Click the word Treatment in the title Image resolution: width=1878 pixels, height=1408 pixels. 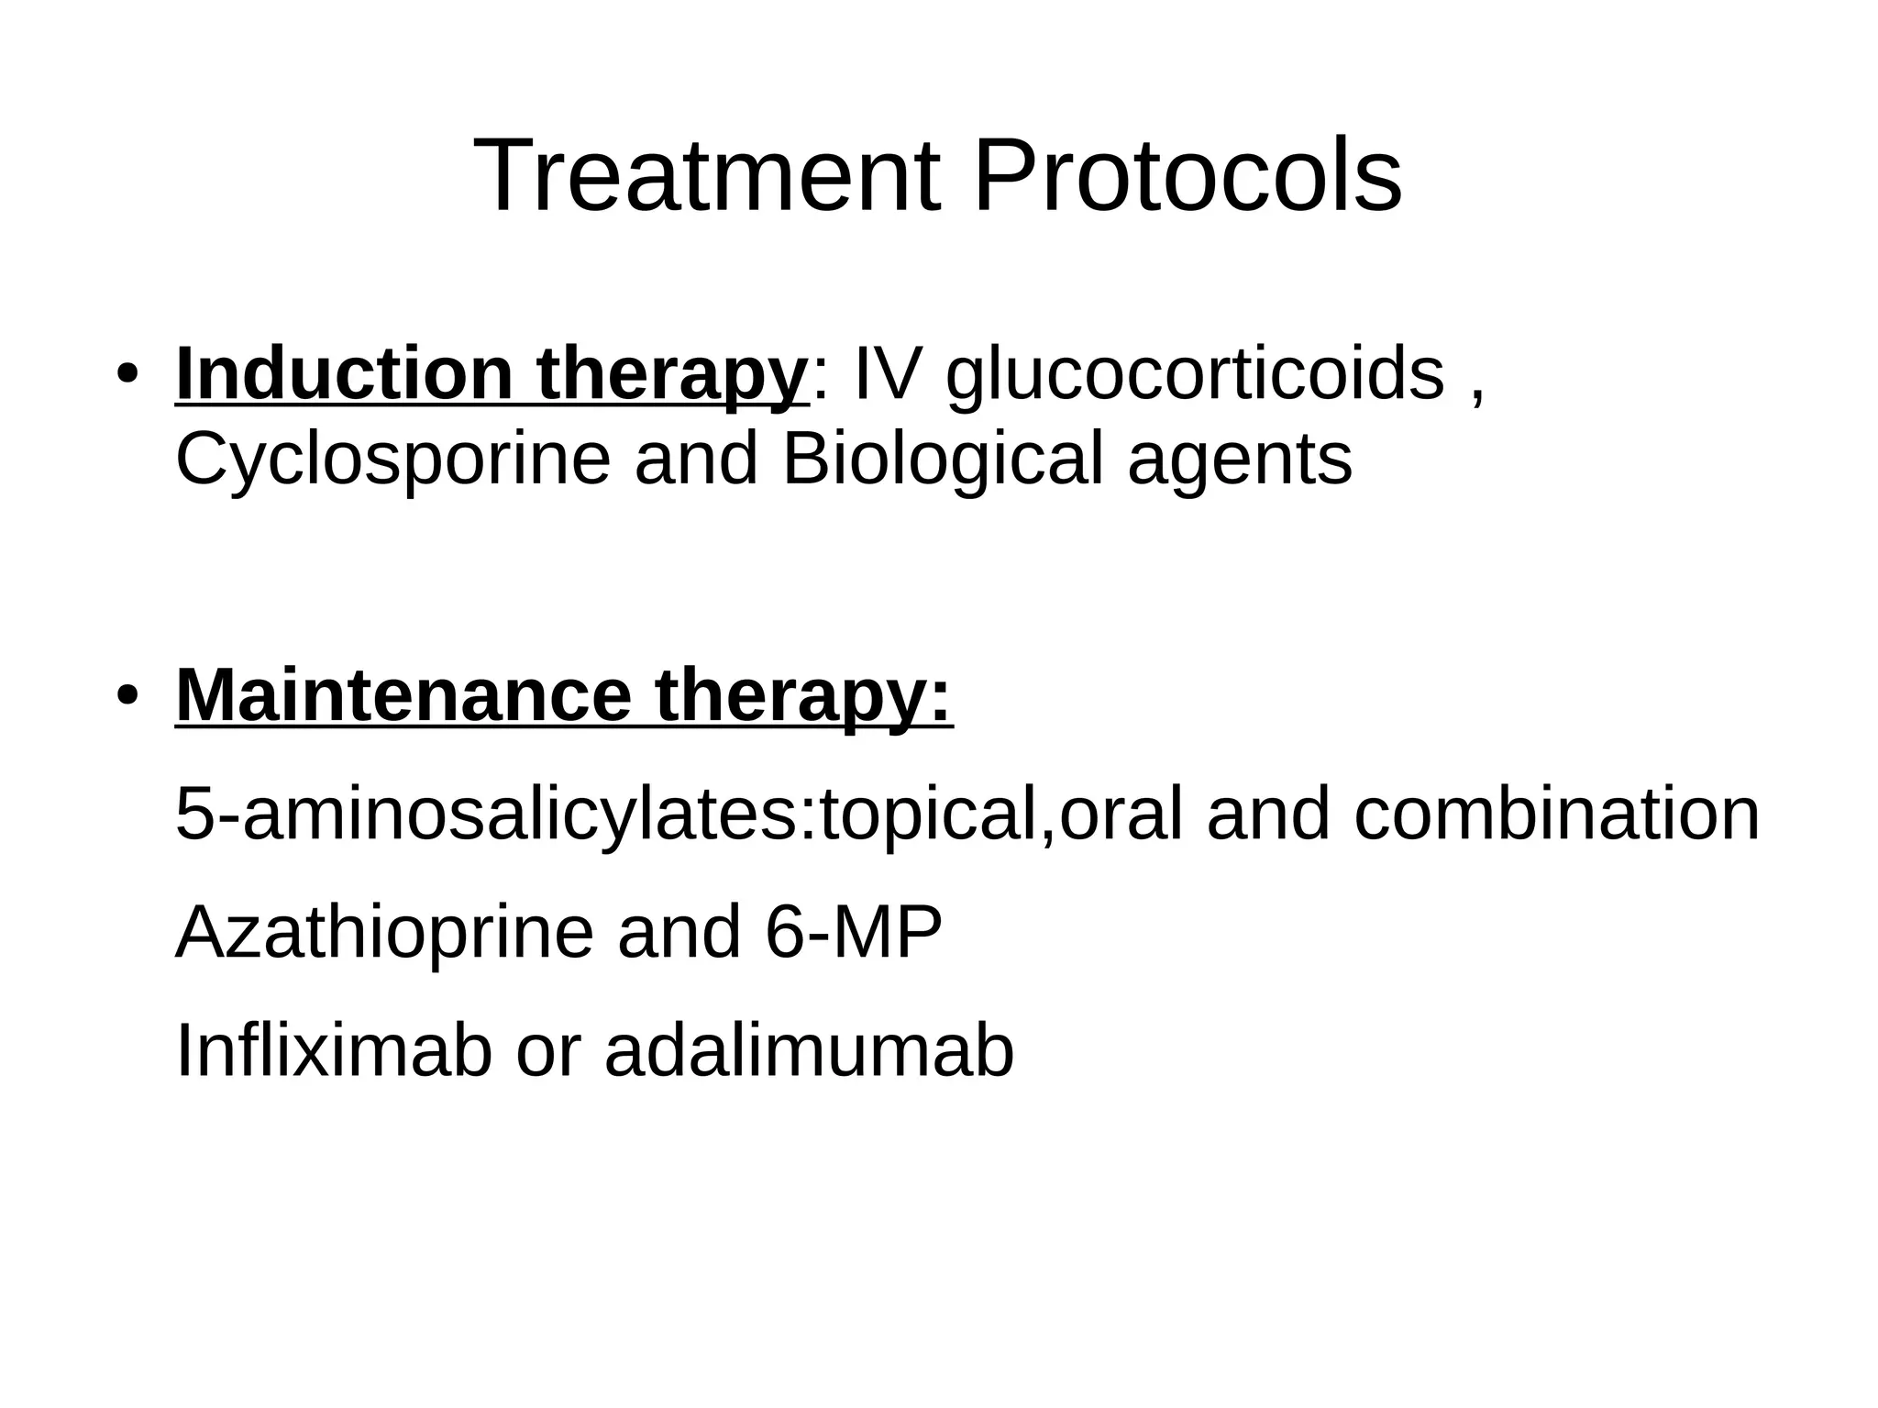click(x=707, y=175)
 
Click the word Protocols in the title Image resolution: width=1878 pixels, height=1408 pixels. click(x=1187, y=175)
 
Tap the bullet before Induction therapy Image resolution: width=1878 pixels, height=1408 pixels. click(x=127, y=376)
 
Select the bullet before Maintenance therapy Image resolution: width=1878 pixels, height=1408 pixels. click(x=127, y=695)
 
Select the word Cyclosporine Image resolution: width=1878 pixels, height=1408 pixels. click(x=392, y=460)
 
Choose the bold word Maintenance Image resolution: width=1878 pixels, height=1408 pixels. click(x=403, y=695)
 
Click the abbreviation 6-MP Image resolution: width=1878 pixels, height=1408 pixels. click(x=853, y=933)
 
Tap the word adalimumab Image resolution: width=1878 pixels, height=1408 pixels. click(x=809, y=1051)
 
